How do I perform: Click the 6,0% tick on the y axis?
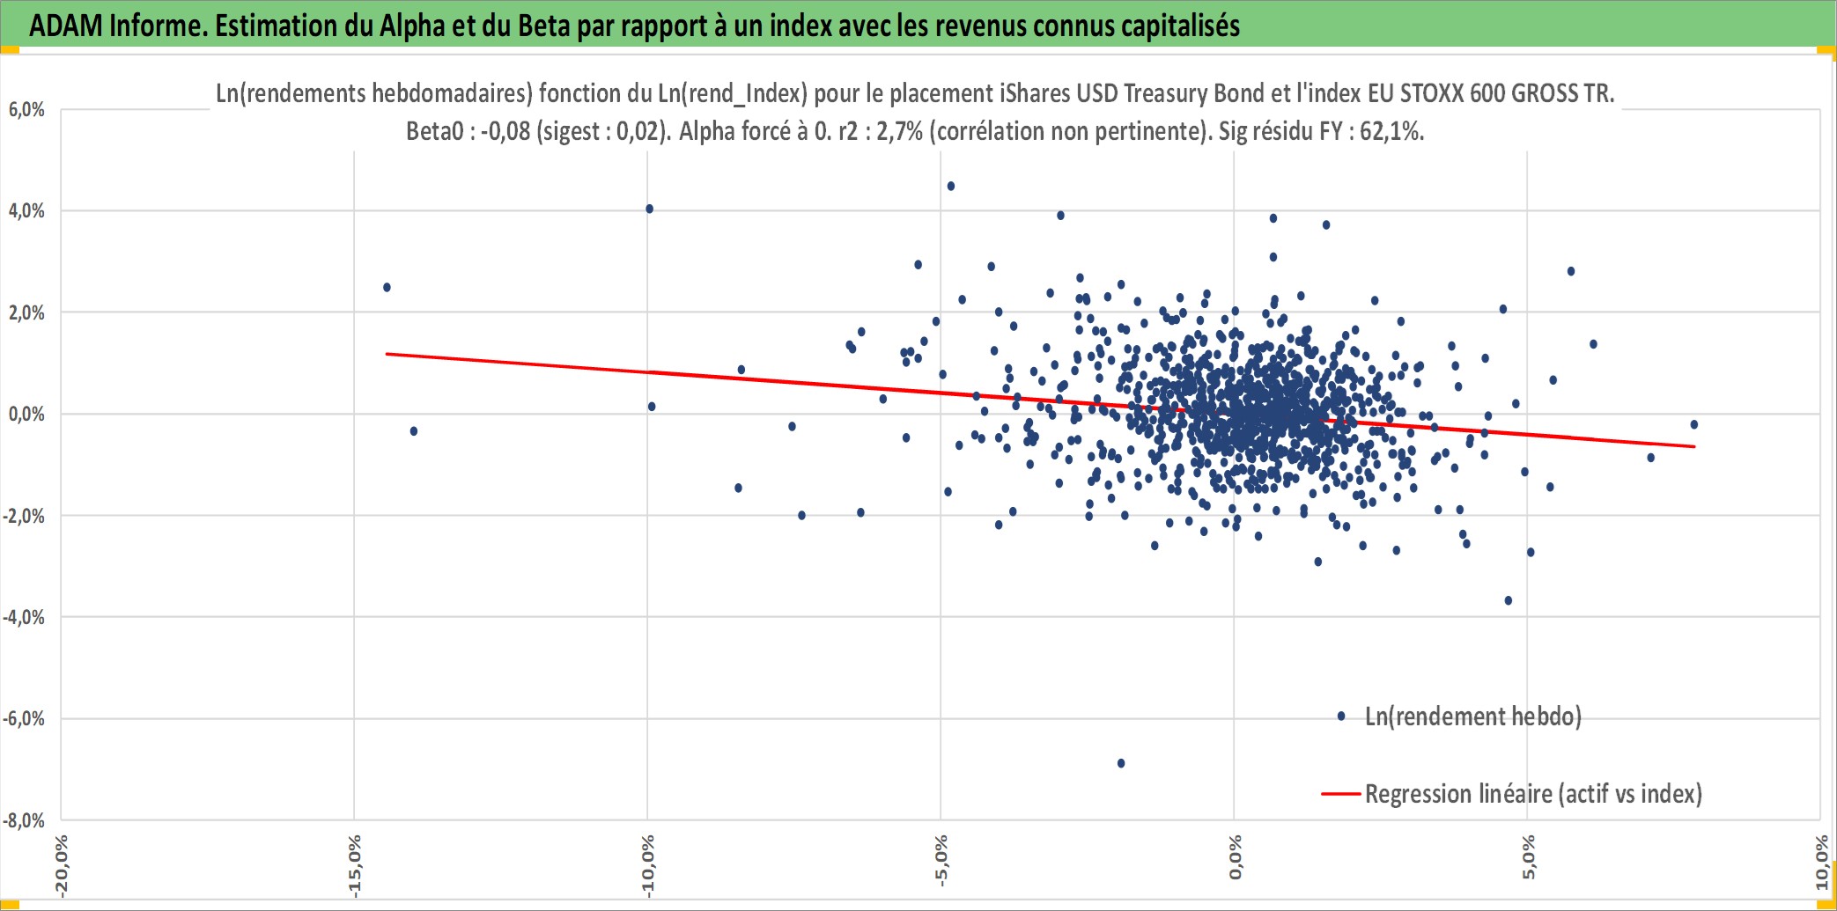pos(26,110)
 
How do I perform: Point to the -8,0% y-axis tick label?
pos(24,821)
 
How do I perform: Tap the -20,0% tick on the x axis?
pos(61,866)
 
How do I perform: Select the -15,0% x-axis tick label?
pos(354,866)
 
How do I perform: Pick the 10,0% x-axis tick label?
pos(1822,863)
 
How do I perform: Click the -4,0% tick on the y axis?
pos(24,618)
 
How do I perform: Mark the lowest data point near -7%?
pos(1121,763)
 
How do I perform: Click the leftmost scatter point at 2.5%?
pos(387,288)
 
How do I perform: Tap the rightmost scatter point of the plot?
pos(1693,424)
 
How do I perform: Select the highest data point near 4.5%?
pos(951,186)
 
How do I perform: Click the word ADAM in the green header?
pos(66,26)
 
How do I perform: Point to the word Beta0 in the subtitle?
pos(435,131)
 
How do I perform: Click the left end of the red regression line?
pos(387,354)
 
